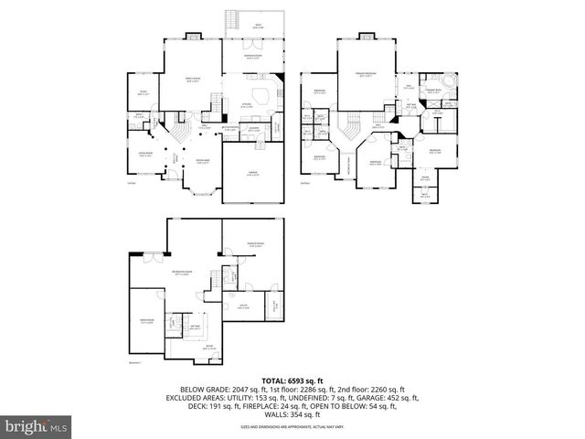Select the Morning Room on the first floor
pos(255,58)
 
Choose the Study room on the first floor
pos(144,92)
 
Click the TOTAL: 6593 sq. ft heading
pos(292,380)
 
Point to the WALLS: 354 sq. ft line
pos(292,414)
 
